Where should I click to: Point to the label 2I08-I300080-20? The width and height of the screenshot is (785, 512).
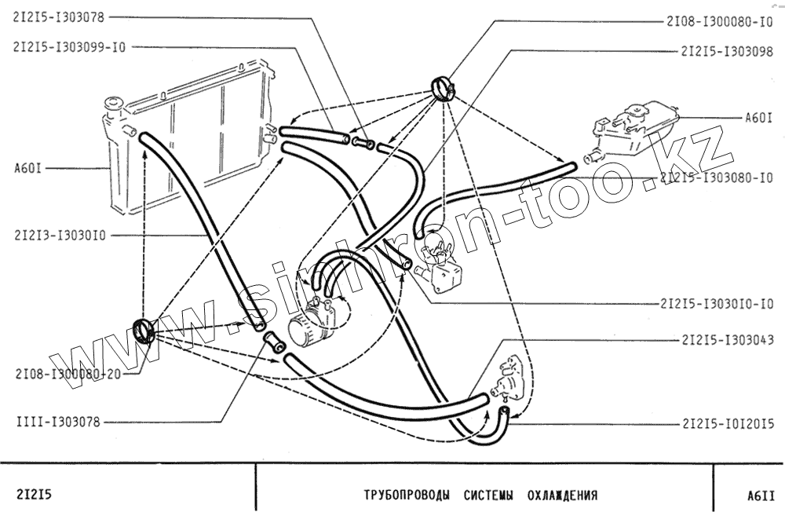[68, 374]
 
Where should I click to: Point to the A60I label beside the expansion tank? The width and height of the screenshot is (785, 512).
[759, 119]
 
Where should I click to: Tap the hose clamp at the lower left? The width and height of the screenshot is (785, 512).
[144, 330]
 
